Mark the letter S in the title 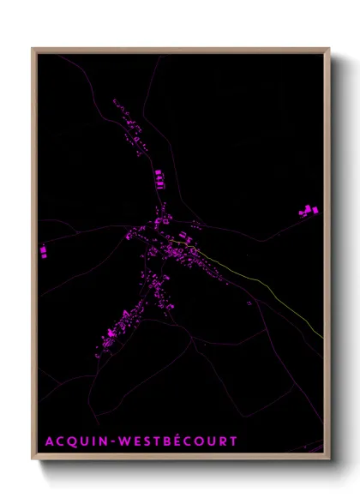pos(147,441)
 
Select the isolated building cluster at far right pos(308,210)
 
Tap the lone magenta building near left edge pos(43,250)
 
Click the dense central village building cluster pos(167,244)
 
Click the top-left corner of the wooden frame pos(33,49)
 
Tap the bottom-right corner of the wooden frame pos(329,459)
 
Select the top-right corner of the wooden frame pos(329,49)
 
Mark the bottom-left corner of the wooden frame pos(33,459)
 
